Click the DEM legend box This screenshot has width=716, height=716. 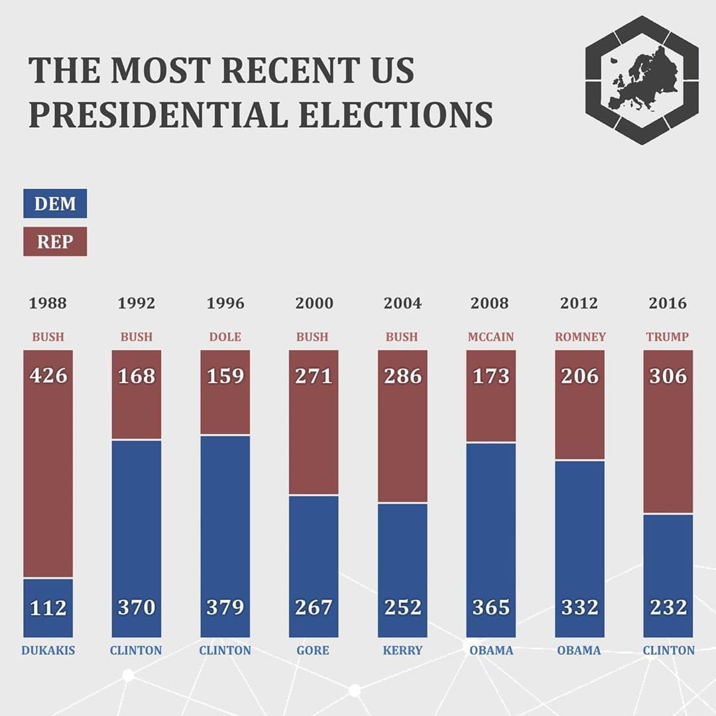(55, 204)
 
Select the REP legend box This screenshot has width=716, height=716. (55, 241)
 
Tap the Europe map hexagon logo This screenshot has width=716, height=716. (642, 80)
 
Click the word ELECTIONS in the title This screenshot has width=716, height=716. (395, 114)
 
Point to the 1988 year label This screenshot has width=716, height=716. (48, 304)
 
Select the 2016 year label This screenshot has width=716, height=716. (668, 304)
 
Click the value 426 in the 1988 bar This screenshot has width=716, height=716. (48, 376)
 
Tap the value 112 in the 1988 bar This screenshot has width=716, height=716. (48, 607)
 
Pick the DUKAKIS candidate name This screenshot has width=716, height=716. (48, 650)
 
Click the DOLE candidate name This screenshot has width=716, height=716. (225, 337)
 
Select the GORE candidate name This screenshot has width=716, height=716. (313, 650)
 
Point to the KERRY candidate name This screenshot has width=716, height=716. (402, 650)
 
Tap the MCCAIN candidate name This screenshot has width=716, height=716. (491, 337)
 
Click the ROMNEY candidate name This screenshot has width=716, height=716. (580, 337)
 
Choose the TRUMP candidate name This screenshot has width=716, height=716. (668, 337)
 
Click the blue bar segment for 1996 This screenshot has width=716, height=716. (225, 517)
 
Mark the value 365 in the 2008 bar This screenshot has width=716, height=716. (491, 607)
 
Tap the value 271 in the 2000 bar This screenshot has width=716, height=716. (314, 376)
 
